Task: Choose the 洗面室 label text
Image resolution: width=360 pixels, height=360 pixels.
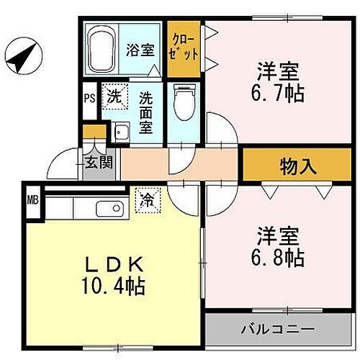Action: (146, 112)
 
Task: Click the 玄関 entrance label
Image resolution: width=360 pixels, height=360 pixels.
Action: (99, 163)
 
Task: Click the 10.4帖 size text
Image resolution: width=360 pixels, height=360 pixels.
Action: (115, 286)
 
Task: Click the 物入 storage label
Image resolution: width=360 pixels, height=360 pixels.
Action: (298, 167)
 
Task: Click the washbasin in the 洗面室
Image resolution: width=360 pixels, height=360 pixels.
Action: (121, 132)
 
